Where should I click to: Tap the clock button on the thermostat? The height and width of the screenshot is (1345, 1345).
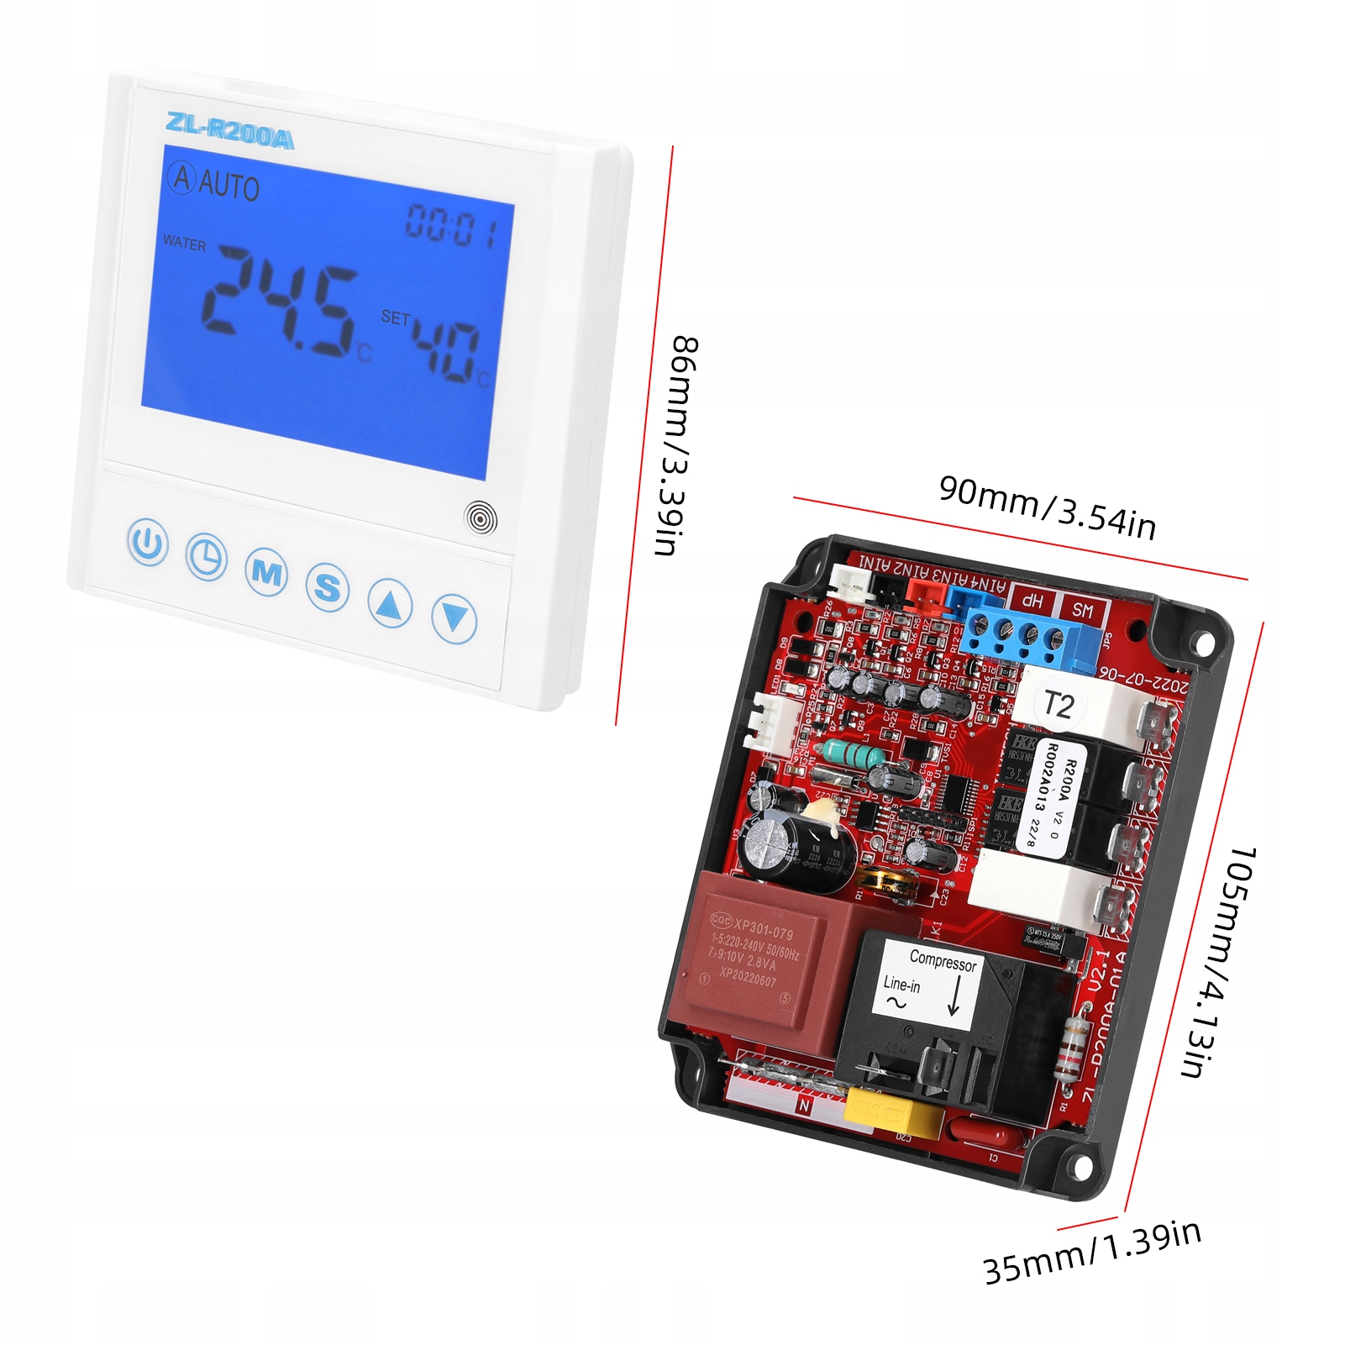[x=206, y=556]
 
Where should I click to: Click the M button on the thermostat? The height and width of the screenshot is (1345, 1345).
[x=266, y=573]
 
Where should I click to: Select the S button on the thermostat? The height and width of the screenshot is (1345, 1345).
[x=327, y=587]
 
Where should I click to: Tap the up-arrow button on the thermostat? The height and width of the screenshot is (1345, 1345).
[x=390, y=603]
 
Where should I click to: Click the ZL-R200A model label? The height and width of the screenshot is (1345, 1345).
[x=229, y=131]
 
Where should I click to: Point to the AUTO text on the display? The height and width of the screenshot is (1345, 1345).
[x=229, y=186]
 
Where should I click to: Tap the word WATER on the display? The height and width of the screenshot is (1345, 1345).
[x=184, y=244]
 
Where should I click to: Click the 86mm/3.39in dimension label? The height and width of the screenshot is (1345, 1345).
[x=676, y=445]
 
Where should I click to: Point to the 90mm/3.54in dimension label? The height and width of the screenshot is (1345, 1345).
[x=1047, y=507]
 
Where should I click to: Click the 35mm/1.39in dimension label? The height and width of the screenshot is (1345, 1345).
[x=1092, y=1252]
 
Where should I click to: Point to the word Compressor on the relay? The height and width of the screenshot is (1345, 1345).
[x=943, y=961]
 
